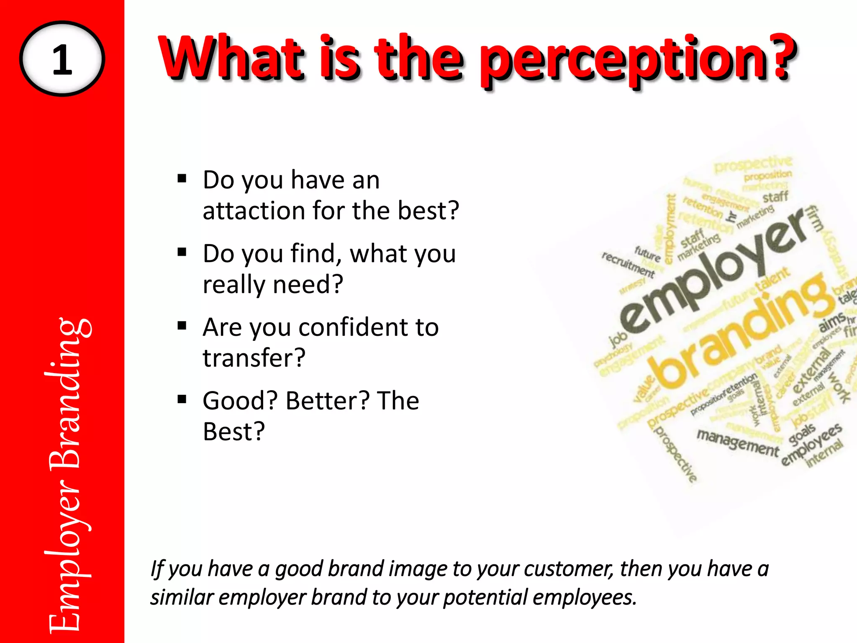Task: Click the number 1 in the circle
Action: point(62,59)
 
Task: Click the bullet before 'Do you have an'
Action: point(182,179)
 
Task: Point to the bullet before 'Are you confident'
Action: point(182,326)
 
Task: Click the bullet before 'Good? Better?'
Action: point(182,400)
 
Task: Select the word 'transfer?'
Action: point(254,358)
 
